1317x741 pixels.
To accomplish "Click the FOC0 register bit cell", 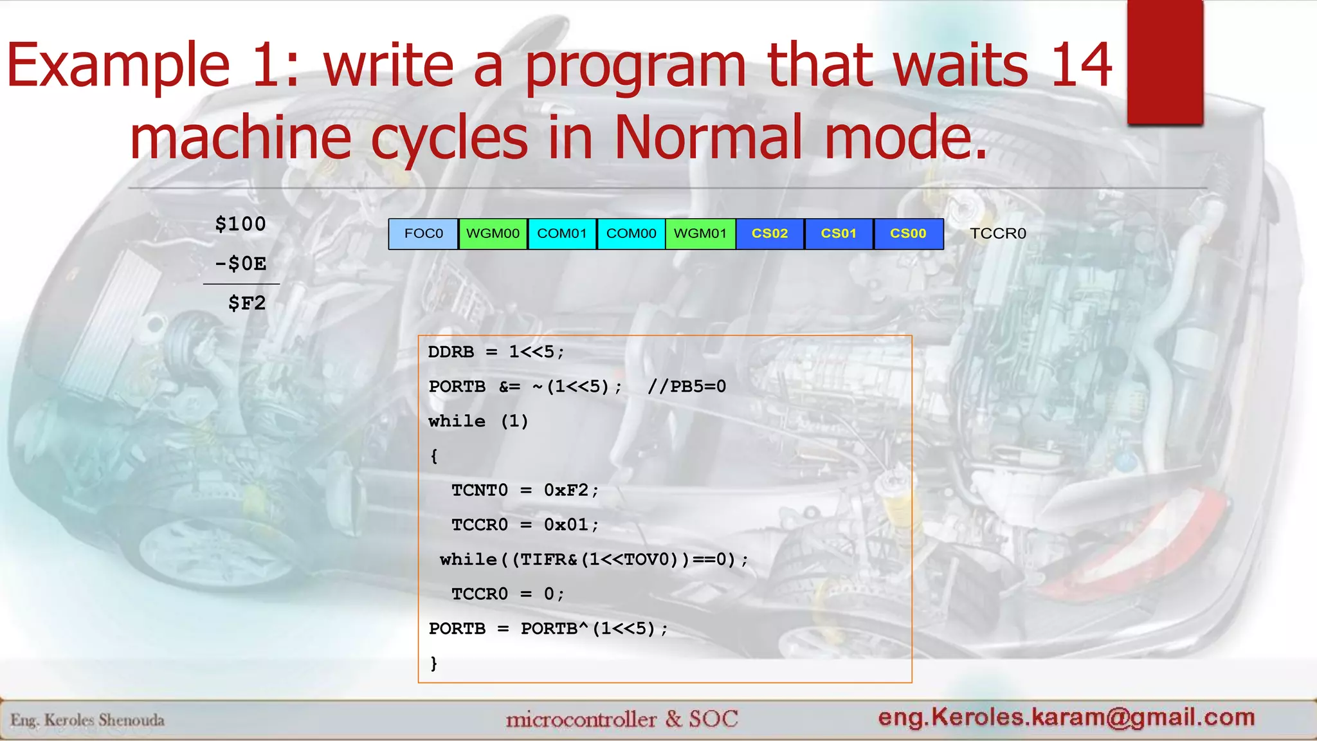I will click(x=423, y=233).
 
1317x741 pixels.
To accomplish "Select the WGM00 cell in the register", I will click(x=493, y=233).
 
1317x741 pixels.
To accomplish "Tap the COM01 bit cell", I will click(x=562, y=233).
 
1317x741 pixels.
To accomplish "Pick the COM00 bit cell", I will click(x=631, y=233).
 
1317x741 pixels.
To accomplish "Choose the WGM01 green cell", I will click(x=700, y=233).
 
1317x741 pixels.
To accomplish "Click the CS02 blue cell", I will click(x=770, y=233).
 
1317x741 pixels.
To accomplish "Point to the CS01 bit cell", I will click(x=839, y=233).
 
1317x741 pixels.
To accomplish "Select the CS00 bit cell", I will click(x=908, y=233).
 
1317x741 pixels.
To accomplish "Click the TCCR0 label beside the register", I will click(x=997, y=233).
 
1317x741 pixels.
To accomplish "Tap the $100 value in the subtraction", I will click(x=241, y=224).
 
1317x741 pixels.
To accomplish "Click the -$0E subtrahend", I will click(x=241, y=264).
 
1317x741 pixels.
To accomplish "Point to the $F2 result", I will click(x=247, y=303).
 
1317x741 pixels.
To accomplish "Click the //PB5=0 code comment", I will click(x=687, y=387).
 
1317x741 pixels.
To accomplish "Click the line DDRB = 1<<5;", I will click(x=496, y=352).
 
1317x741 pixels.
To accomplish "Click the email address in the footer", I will click(x=1066, y=717).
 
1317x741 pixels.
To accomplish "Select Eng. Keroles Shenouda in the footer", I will click(x=87, y=720).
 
